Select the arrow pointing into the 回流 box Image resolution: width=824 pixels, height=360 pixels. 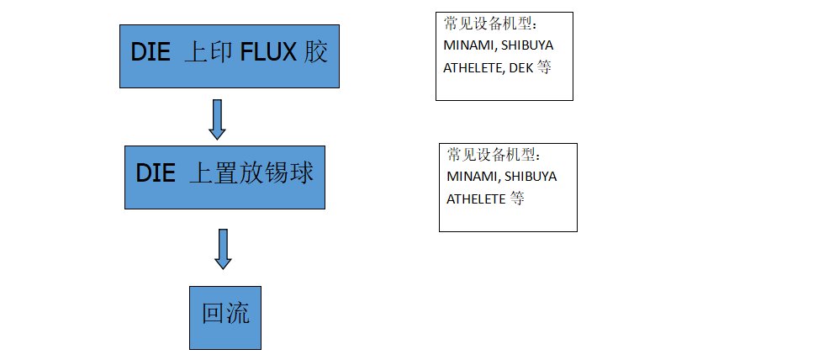[x=223, y=249]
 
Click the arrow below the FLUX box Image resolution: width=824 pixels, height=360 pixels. [x=217, y=119]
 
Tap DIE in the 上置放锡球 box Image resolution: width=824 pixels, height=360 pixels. [x=156, y=173]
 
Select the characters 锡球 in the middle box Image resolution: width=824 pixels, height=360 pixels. [x=286, y=173]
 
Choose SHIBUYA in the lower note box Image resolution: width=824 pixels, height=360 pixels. [x=531, y=177]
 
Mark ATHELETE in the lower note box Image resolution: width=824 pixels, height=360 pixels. [x=476, y=199]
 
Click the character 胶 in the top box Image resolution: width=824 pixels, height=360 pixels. [x=315, y=52]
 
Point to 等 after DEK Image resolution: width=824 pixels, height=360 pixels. [x=544, y=67]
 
